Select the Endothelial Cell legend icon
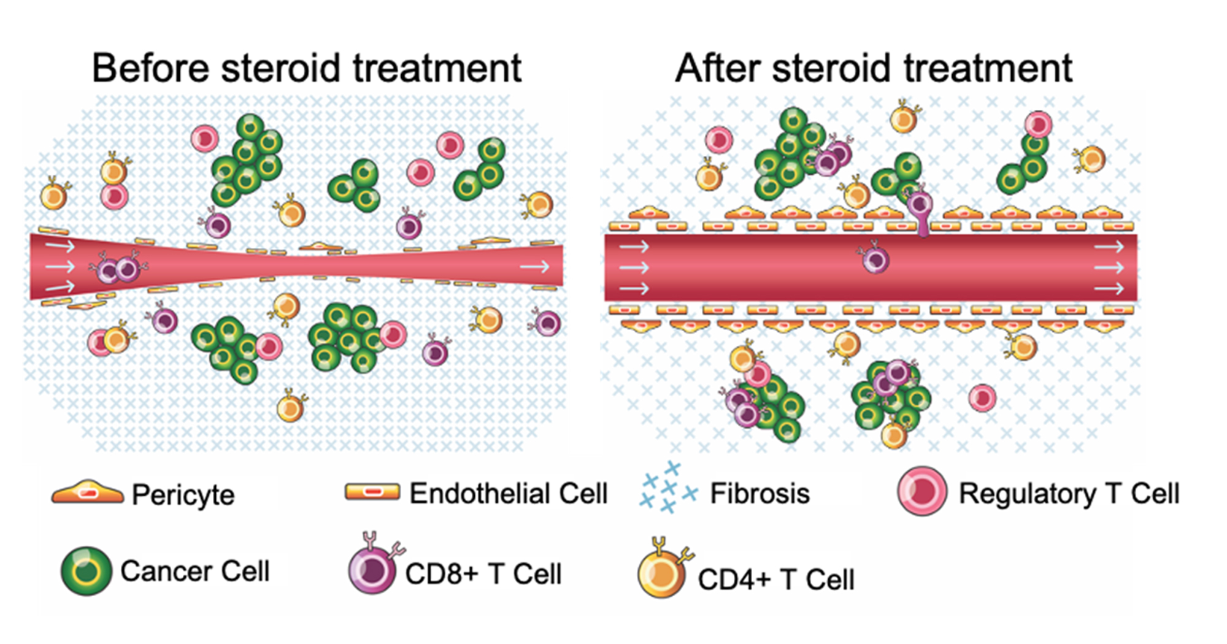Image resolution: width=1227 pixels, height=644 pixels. [x=372, y=491]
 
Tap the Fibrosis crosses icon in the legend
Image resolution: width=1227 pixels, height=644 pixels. [x=667, y=488]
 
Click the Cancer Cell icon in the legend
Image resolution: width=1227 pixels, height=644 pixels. [x=87, y=571]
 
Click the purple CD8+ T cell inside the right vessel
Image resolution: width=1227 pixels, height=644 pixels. [x=875, y=259]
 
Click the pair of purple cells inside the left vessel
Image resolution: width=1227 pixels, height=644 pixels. [x=118, y=269]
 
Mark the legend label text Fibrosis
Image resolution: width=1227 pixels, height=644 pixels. [x=760, y=494]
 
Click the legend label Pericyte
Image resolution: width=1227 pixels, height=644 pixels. [x=183, y=495]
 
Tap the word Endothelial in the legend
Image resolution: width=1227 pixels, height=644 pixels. [x=469, y=494]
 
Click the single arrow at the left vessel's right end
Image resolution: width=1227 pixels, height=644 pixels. [x=534, y=266]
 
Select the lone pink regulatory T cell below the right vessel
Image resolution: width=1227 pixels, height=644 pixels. [x=982, y=397]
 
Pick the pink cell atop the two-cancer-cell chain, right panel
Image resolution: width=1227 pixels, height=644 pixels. [x=1038, y=125]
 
